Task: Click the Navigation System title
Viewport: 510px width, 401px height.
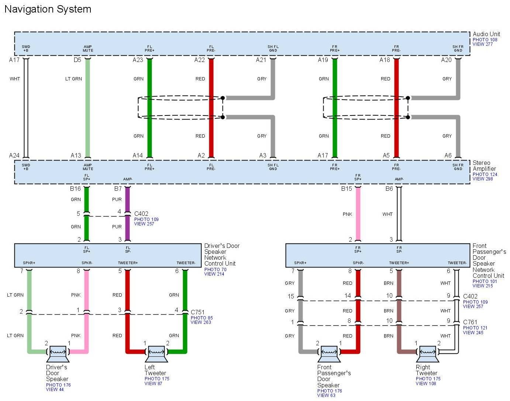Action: coord(48,9)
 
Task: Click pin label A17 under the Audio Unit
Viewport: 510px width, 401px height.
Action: coord(14,60)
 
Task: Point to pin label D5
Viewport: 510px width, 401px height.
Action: coord(77,60)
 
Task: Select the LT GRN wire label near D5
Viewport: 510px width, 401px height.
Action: coord(73,79)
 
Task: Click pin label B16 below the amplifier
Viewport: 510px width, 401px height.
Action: coord(75,189)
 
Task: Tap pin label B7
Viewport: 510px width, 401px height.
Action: coord(118,189)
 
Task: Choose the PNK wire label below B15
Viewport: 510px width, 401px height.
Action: coord(347,214)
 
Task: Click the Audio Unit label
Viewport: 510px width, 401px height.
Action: coord(486,34)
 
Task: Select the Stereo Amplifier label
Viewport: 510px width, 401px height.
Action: coord(484,166)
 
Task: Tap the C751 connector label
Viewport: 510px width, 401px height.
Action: coord(197,312)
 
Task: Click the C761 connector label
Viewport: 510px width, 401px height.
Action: coord(470,322)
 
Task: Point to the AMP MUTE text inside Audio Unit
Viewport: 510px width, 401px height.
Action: coord(88,49)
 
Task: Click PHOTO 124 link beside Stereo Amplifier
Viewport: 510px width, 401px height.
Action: coord(485,174)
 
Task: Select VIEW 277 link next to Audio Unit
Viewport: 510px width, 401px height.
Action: coord(483,44)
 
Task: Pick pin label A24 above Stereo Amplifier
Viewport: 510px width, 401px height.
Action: coord(14,155)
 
